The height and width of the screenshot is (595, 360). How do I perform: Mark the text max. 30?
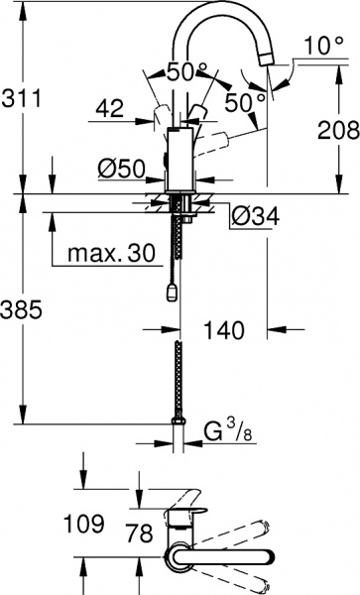[x=112, y=254]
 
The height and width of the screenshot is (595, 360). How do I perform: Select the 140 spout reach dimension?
[x=224, y=331]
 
